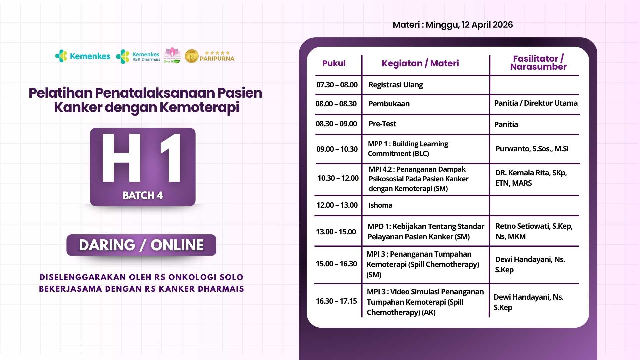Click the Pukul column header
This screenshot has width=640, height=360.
point(334,63)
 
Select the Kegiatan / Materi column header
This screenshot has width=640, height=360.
point(420,63)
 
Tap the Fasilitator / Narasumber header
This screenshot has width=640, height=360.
point(538,63)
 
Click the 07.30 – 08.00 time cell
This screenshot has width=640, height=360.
point(337,85)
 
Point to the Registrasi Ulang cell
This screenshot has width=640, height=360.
point(396,85)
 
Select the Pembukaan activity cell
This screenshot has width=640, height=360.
point(389,104)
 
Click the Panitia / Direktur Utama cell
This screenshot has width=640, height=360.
point(536,103)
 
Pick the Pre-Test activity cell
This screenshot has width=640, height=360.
point(382,124)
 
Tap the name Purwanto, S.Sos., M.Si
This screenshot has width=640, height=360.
point(532,149)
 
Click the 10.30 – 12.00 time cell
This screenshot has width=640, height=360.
point(338,178)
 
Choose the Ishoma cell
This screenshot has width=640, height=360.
point(380,205)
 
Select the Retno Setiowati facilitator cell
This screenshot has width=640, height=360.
point(534,231)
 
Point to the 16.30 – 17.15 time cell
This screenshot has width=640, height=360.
point(336,301)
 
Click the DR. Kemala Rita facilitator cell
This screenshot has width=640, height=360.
point(531,178)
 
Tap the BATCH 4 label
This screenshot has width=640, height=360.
point(143,195)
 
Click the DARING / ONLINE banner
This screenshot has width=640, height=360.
point(141,245)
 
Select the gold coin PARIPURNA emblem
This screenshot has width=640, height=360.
point(192,56)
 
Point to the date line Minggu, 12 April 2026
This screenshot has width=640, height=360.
point(469,25)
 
